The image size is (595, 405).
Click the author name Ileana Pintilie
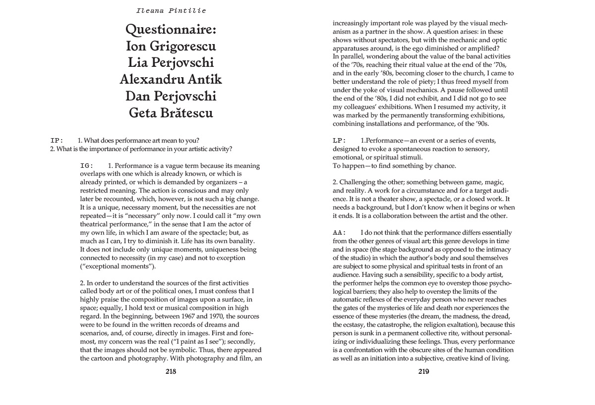pos(171,10)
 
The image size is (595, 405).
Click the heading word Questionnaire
pos(171,31)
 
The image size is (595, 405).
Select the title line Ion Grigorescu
pos(171,47)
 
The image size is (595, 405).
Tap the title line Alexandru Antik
pos(171,79)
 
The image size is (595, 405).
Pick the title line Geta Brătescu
pos(171,112)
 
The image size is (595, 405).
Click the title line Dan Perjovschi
pos(171,96)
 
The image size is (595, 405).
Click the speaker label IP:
pos(57,140)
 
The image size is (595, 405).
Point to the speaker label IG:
pos(87,166)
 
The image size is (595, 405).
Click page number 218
pos(171,371)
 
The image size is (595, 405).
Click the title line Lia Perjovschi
pos(171,63)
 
